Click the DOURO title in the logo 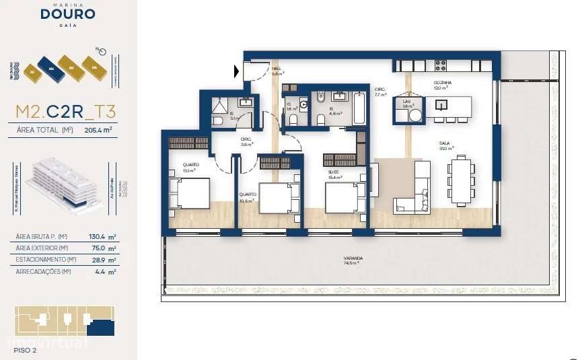[x=67, y=14]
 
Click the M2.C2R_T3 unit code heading [x=67, y=111]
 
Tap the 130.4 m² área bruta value [x=104, y=236]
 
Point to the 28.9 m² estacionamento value [x=104, y=260]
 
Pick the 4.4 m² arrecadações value [x=106, y=272]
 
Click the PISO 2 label [x=25, y=350]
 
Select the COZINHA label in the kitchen [x=442, y=83]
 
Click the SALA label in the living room [x=443, y=143]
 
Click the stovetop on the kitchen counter [x=440, y=65]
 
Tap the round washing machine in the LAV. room [x=416, y=115]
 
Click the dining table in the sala [x=461, y=180]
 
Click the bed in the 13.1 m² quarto [x=189, y=194]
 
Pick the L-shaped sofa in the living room [x=414, y=191]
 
